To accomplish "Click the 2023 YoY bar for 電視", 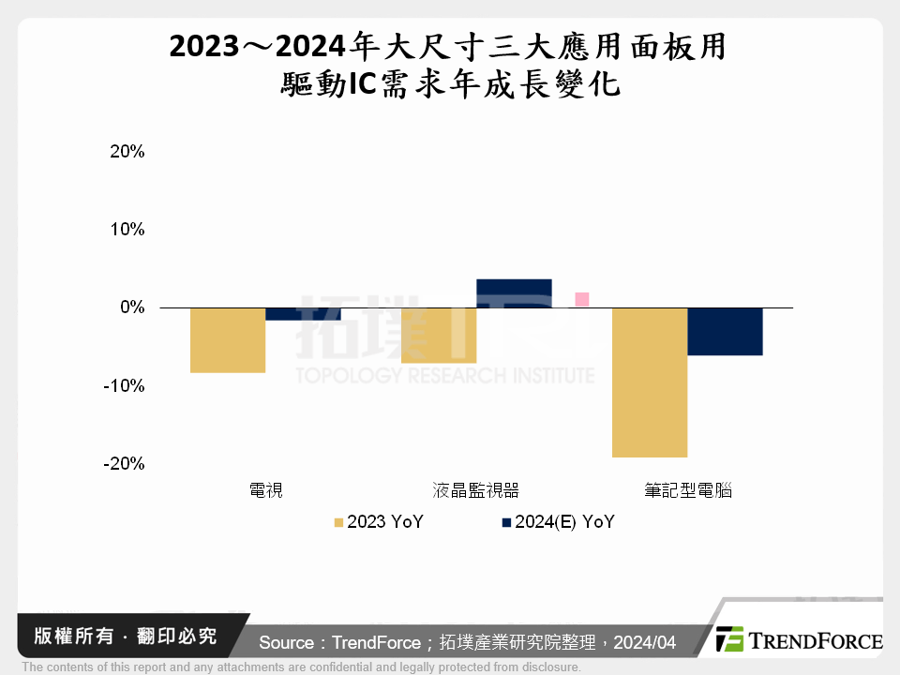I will [228, 339].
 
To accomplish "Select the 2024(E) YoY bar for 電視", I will [303, 314].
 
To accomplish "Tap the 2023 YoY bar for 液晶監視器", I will [439, 335].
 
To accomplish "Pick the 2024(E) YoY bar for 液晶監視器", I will [514, 293].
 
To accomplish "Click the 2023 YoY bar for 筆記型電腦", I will [650, 382].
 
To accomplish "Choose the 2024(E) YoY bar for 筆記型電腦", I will [725, 331].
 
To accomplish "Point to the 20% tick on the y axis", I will [127, 151].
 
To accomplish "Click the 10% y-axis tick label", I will [127, 229].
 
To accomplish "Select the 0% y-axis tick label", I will [130, 307].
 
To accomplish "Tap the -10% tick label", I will [125, 385].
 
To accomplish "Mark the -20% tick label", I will [125, 463].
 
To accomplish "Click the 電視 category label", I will [265, 490].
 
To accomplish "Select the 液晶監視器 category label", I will [476, 490].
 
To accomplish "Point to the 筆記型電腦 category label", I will [687, 490].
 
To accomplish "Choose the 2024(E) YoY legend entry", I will [558, 522].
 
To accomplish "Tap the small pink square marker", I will [581, 299].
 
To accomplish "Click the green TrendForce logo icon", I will [729, 639].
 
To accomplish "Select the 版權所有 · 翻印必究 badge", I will [117, 637].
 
